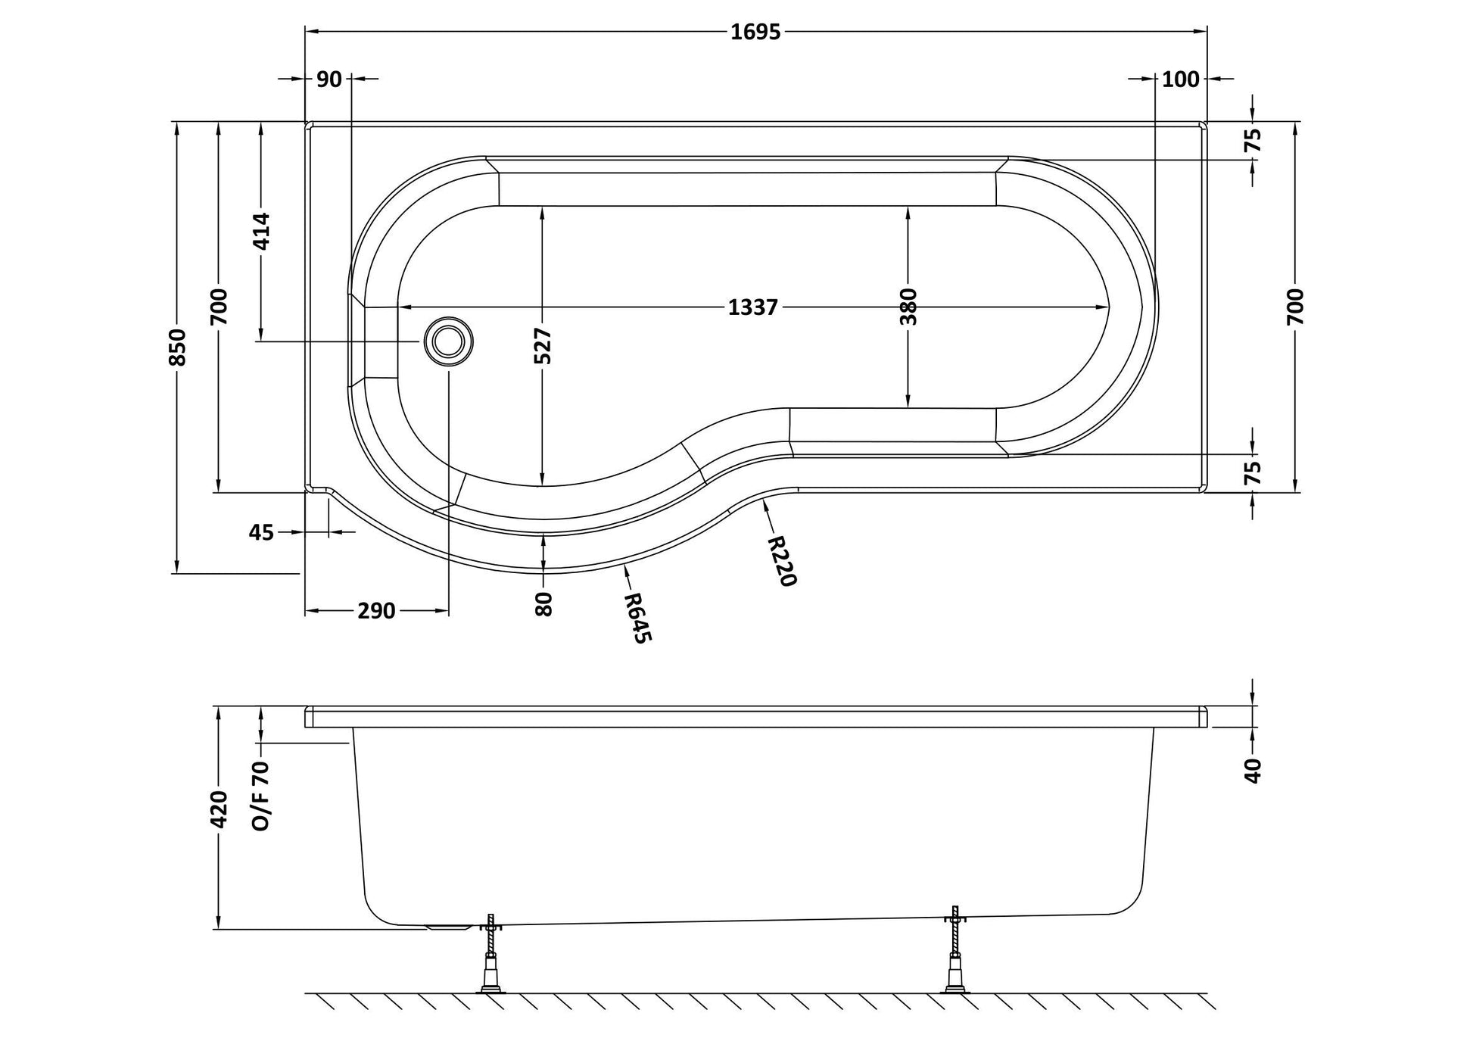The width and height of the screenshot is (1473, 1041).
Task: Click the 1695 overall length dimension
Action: (755, 32)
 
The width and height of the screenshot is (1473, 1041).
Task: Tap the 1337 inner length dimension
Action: (753, 307)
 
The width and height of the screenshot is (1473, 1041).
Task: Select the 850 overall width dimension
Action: (177, 347)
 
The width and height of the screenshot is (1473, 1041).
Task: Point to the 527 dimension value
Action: (543, 347)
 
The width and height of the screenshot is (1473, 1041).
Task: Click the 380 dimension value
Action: (909, 307)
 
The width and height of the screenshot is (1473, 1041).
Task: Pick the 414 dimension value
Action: (261, 232)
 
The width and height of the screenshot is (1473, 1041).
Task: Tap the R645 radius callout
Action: (636, 618)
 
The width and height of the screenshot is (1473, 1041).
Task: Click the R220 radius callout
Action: (782, 561)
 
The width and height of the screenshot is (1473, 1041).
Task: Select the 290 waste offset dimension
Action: (376, 611)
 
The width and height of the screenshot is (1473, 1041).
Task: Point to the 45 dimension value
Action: (261, 532)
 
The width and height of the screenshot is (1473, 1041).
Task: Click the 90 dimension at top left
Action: (329, 79)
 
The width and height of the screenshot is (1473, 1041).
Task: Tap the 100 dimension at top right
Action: (1181, 79)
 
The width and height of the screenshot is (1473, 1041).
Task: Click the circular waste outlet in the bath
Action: (448, 341)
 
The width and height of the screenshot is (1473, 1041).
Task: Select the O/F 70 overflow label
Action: (261, 797)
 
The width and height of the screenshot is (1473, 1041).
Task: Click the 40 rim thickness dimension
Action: (1253, 771)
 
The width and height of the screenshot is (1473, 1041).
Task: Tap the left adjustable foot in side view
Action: (491, 953)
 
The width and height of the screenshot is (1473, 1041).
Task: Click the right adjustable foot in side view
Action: (955, 949)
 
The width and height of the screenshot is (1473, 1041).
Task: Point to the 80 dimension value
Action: (543, 604)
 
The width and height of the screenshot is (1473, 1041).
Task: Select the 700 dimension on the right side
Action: (1295, 307)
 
